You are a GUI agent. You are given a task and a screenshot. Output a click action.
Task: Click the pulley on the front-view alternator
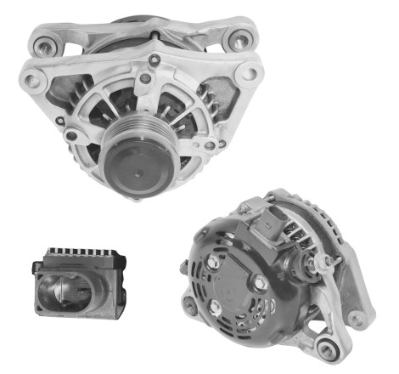click(x=135, y=162)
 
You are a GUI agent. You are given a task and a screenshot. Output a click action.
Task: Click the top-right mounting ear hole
click(x=240, y=38)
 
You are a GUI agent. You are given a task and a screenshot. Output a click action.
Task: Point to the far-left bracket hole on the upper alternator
click(x=31, y=82)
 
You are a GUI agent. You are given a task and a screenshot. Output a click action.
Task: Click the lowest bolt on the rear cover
click(x=216, y=305)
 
